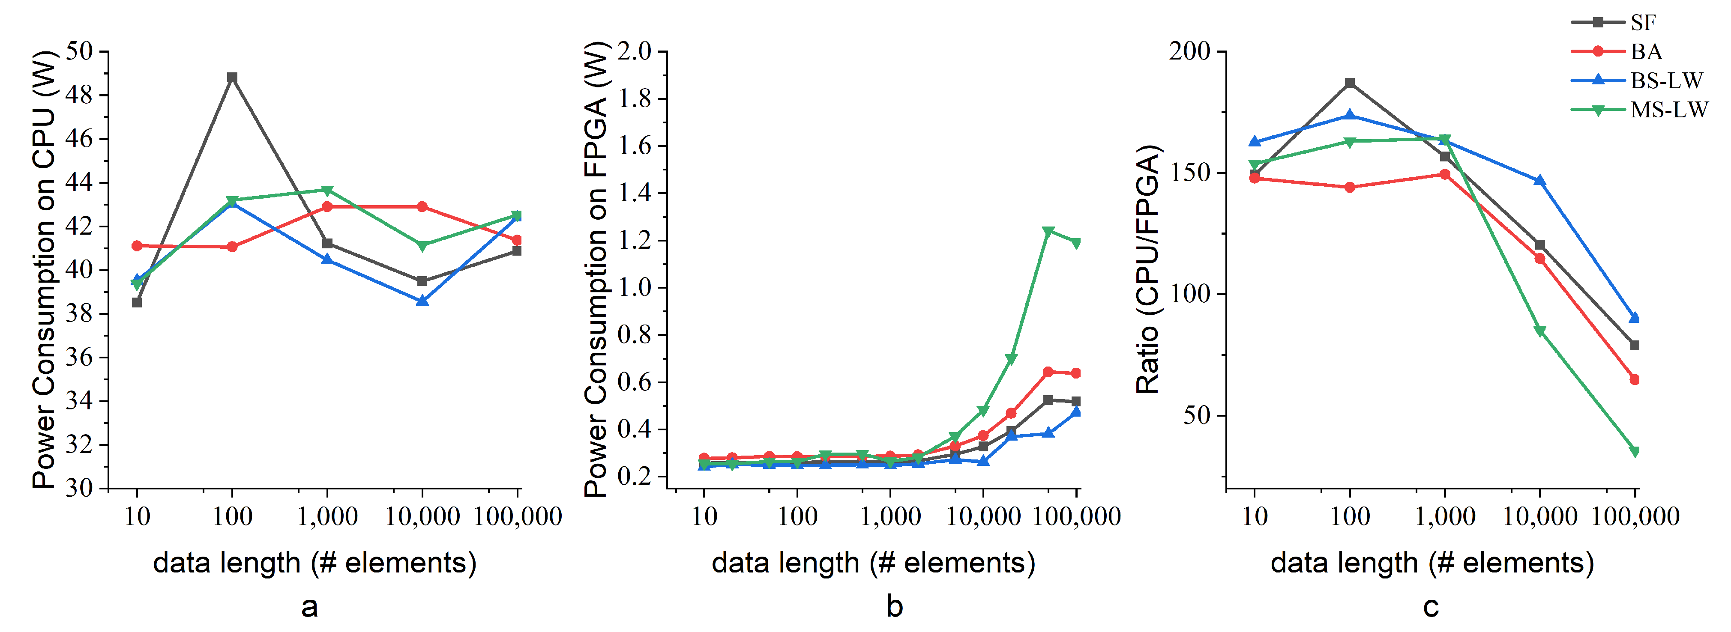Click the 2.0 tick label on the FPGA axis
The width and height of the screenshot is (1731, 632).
point(634,51)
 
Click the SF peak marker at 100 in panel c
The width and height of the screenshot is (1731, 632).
point(1349,83)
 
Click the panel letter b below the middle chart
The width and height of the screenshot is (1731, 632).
point(894,606)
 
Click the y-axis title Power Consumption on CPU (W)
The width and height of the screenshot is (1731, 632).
point(45,268)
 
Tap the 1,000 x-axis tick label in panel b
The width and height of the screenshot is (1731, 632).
point(890,516)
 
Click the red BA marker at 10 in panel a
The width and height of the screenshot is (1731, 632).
point(137,246)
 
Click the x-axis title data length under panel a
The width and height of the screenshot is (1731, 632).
point(314,562)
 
